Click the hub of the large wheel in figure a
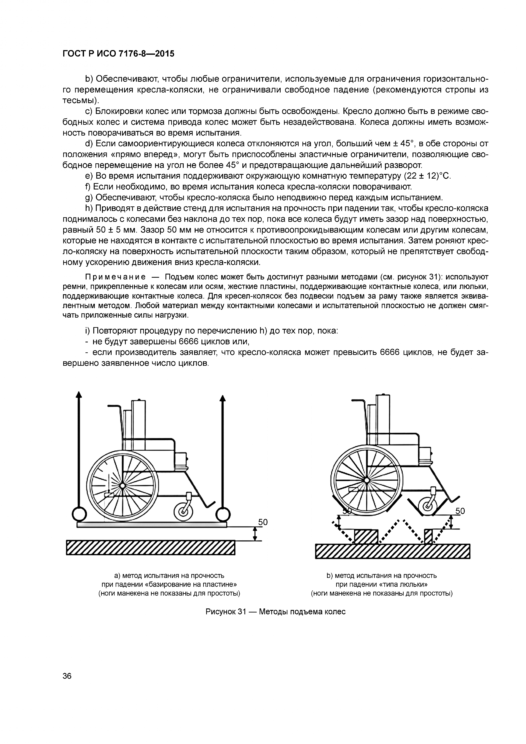point(122,485)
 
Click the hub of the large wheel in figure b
point(367,480)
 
